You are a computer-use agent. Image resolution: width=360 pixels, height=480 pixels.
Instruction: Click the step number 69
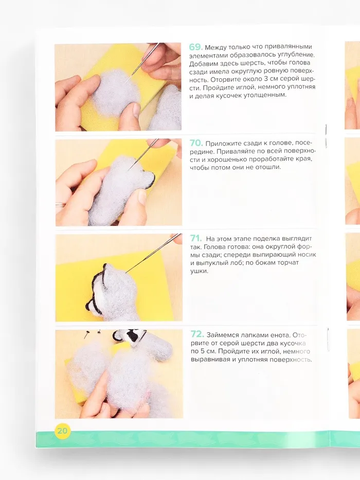[195, 47]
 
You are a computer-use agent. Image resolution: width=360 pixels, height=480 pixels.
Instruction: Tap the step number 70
[196, 143]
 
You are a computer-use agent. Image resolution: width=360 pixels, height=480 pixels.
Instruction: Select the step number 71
[196, 238]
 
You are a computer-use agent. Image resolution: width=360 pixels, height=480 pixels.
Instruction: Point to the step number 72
[197, 334]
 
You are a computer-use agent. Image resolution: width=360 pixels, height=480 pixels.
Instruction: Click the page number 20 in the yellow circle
[62, 431]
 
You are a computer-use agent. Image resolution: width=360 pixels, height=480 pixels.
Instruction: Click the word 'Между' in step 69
[215, 48]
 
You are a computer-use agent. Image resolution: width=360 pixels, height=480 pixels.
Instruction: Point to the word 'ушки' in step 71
[199, 271]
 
